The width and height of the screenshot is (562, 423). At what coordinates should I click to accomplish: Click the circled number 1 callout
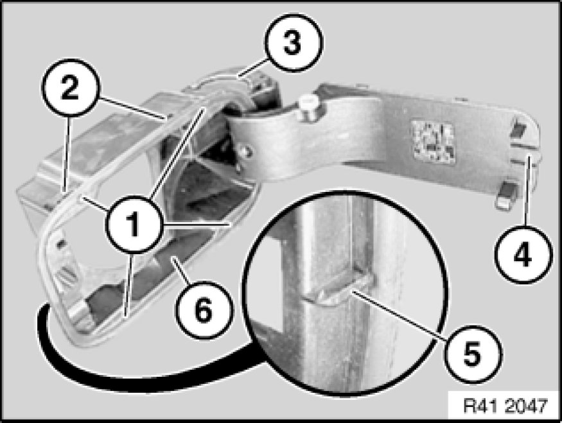(x=134, y=225)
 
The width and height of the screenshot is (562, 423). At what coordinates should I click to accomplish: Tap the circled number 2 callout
(x=70, y=87)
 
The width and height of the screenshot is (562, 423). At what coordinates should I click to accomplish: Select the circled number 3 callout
(x=293, y=42)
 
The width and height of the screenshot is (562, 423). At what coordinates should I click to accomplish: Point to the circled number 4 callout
(x=523, y=255)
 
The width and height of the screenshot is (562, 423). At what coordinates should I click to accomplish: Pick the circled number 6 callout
(x=204, y=310)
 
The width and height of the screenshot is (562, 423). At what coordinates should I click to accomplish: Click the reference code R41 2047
(x=505, y=406)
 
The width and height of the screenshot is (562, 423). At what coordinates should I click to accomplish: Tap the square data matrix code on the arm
(x=434, y=141)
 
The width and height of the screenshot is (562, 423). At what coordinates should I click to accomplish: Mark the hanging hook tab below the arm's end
(x=506, y=194)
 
